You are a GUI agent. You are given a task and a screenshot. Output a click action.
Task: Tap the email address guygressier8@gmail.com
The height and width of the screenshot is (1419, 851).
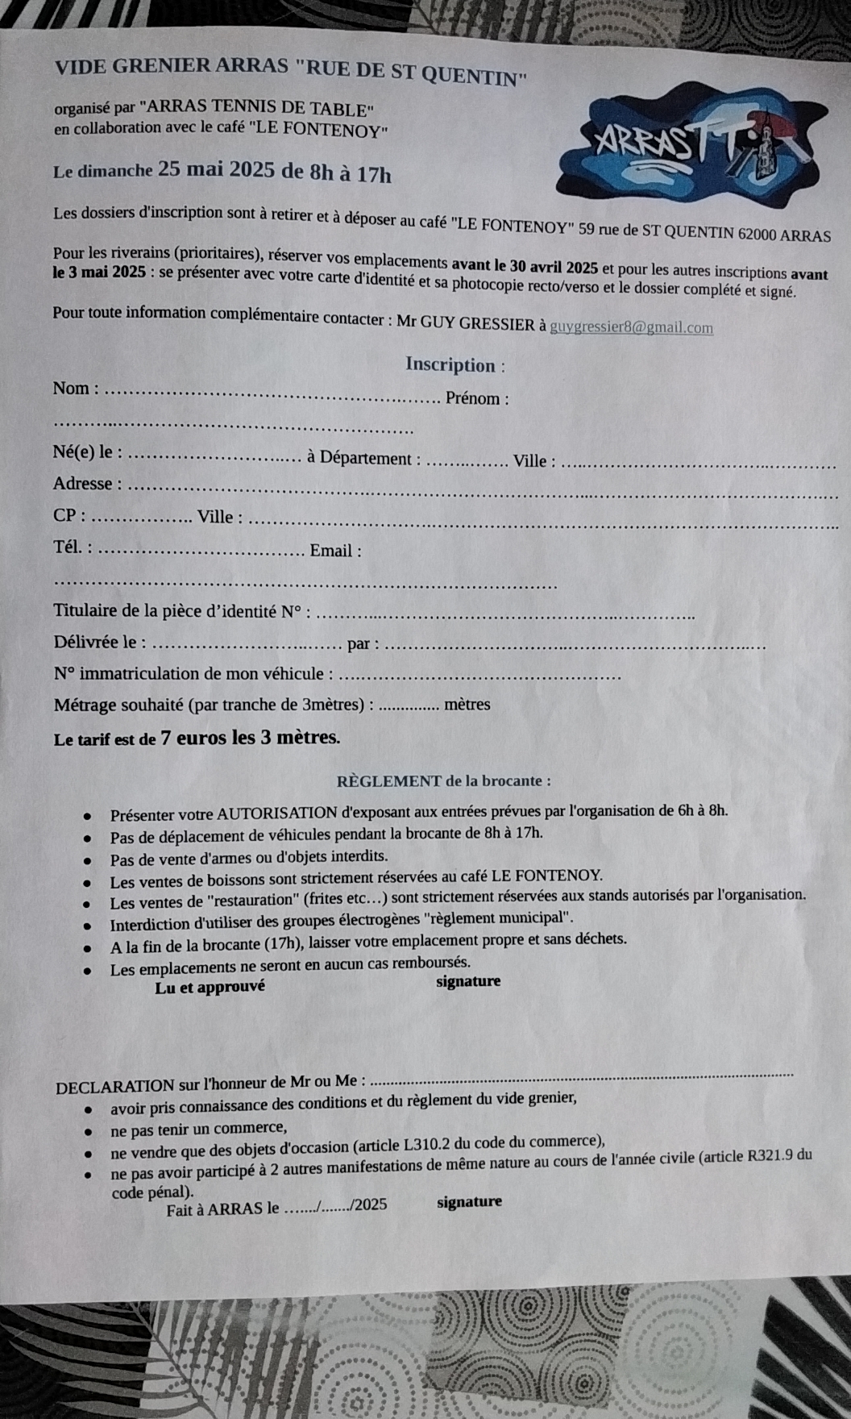pyautogui.click(x=631, y=327)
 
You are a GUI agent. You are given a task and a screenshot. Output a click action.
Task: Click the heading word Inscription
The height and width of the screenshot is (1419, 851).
pyautogui.click(x=450, y=365)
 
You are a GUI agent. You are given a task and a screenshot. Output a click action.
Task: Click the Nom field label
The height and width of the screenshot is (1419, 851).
pyautogui.click(x=72, y=389)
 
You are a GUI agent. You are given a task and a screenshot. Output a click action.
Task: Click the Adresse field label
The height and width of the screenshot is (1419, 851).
pyautogui.click(x=83, y=484)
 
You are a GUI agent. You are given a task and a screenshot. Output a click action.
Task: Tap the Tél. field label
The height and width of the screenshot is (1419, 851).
pyautogui.click(x=68, y=547)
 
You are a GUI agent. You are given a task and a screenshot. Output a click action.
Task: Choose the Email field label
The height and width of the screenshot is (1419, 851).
pyautogui.click(x=331, y=551)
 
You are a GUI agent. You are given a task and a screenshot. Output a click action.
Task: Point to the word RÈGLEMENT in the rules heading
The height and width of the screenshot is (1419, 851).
pyautogui.click(x=388, y=781)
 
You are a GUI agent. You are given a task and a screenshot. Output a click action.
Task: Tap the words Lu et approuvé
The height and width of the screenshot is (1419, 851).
pyautogui.click(x=210, y=987)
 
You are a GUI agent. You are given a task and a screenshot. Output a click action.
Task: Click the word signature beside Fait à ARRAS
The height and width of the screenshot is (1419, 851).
pyautogui.click(x=469, y=1202)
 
